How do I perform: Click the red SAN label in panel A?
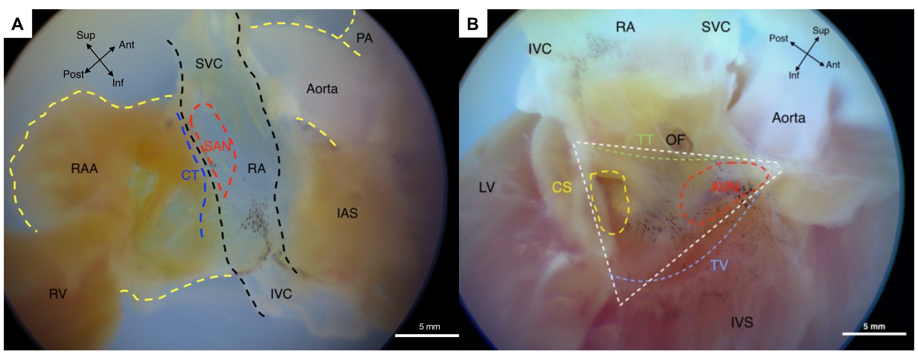pyautogui.click(x=217, y=146)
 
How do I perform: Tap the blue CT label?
pyautogui.click(x=190, y=175)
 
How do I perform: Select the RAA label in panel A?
pyautogui.click(x=84, y=168)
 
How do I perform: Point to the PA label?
pyautogui.click(x=364, y=38)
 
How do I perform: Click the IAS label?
pyautogui.click(x=347, y=213)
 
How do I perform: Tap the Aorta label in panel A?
pyautogui.click(x=322, y=89)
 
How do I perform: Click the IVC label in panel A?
pyautogui.click(x=281, y=294)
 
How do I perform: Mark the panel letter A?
pyautogui.click(x=17, y=24)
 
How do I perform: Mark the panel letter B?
pyautogui.click(x=472, y=24)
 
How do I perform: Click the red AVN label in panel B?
pyautogui.click(x=725, y=187)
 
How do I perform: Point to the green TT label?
pyautogui.click(x=645, y=139)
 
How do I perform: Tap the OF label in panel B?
pyautogui.click(x=675, y=140)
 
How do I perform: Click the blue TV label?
pyautogui.click(x=719, y=265)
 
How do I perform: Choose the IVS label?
pyautogui.click(x=742, y=323)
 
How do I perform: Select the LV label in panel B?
pyautogui.click(x=487, y=187)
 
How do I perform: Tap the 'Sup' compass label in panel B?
pyautogui.click(x=820, y=31)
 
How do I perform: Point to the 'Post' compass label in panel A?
pyautogui.click(x=73, y=74)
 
